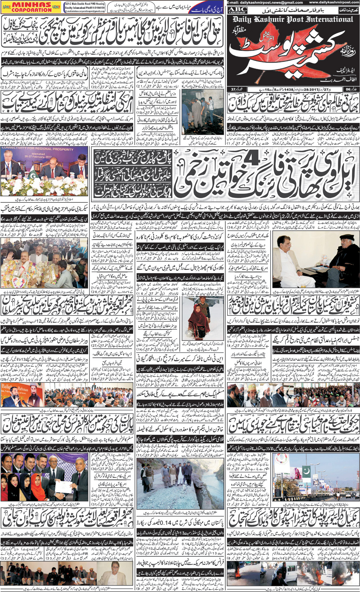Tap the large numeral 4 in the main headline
[249, 159]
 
